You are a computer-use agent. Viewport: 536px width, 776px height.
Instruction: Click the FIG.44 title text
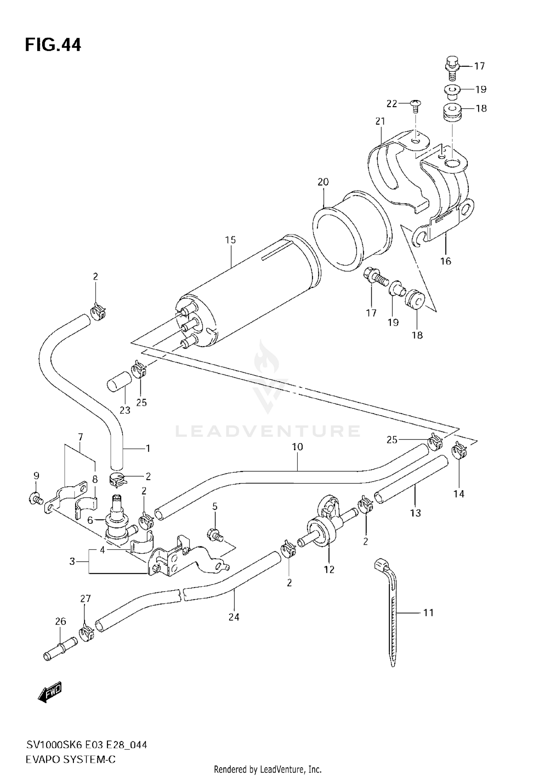coord(53,45)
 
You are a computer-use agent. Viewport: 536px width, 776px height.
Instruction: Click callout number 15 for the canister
coord(230,240)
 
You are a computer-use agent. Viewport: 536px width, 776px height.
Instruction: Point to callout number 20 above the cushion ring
coord(323,182)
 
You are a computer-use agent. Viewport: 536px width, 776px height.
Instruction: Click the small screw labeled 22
coord(416,104)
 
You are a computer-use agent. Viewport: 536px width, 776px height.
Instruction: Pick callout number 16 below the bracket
coord(446,261)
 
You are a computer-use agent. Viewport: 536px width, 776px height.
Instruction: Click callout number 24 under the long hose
coord(234,617)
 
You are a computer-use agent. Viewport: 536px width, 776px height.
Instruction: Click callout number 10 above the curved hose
coord(297,447)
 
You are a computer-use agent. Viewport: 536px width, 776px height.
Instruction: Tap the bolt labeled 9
coord(35,497)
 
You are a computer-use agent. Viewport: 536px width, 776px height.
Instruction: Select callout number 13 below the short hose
coord(415,513)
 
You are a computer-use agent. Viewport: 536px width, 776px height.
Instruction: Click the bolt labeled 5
coord(214,534)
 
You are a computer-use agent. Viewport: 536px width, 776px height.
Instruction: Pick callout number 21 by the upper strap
coord(380,121)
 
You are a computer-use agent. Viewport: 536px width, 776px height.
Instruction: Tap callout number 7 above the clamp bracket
coord(80,437)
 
